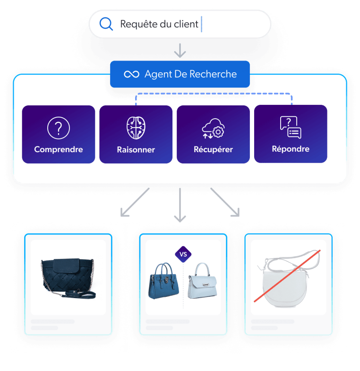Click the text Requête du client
[159, 24]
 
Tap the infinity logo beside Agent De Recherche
[131, 74]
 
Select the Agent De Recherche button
[180, 74]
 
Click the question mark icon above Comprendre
[59, 128]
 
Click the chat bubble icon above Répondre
[291, 127]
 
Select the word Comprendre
[59, 149]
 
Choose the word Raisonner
[136, 150]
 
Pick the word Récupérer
[213, 150]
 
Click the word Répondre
[291, 149]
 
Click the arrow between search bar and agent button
[180, 50]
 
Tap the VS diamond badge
[183, 254]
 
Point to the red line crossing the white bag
[287, 276]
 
